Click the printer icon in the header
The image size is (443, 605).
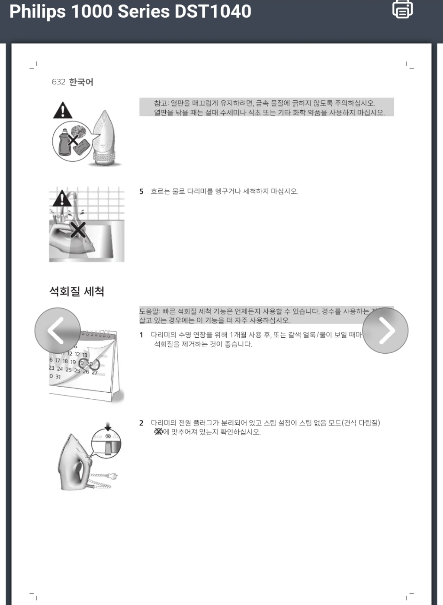[402, 9]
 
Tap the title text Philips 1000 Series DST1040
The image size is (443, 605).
[130, 12]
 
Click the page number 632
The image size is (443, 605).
[58, 82]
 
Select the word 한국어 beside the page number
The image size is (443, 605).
[81, 82]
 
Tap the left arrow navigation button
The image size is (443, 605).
[57, 330]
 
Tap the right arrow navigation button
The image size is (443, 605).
[385, 330]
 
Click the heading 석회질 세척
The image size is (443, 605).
[77, 291]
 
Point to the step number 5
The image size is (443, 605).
[141, 192]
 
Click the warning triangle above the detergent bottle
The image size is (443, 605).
[63, 111]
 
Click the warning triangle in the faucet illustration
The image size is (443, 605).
[62, 198]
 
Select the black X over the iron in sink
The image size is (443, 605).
[78, 230]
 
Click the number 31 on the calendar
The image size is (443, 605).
[58, 377]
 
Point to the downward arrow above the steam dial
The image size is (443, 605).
[108, 427]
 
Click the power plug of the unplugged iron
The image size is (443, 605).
[113, 477]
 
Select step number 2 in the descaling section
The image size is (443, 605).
[141, 423]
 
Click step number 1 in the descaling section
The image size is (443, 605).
[141, 335]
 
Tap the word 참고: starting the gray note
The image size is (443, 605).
[161, 103]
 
